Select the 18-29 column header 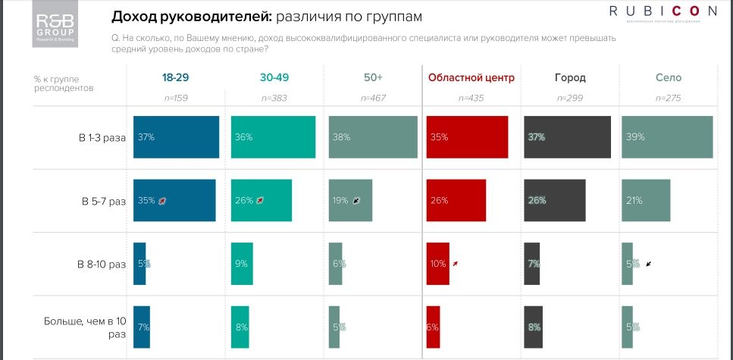coord(176,77)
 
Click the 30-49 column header coord(274,77)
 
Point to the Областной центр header coord(471,77)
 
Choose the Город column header coord(569,77)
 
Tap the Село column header coord(668,77)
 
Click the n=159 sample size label coord(176,98)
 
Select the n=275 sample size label coord(668,98)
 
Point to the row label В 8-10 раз coord(102,265)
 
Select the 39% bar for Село coord(667,137)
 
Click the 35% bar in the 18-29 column coord(174,201)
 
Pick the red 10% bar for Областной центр coord(437,264)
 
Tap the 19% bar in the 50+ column coord(350,201)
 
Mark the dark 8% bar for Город coord(533,327)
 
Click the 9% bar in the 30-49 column coord(242,264)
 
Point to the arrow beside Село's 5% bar coord(649,264)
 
